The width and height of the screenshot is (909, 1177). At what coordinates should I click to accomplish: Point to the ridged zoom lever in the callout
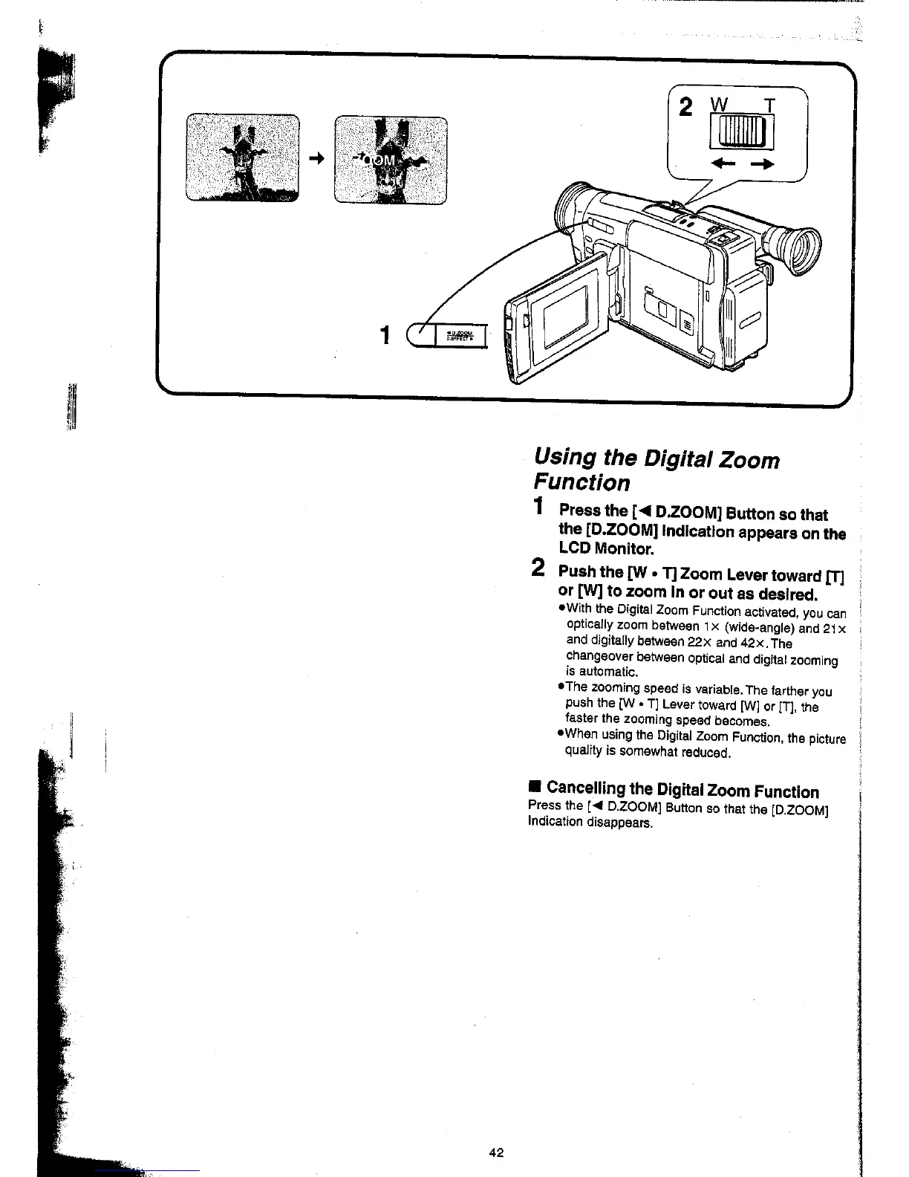pos(742,134)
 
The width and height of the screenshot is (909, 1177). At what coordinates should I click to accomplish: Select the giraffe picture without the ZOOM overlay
pos(242,158)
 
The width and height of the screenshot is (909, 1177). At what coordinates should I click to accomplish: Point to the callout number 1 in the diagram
pos(385,336)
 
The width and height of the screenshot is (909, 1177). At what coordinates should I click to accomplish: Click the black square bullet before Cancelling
pos(534,788)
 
